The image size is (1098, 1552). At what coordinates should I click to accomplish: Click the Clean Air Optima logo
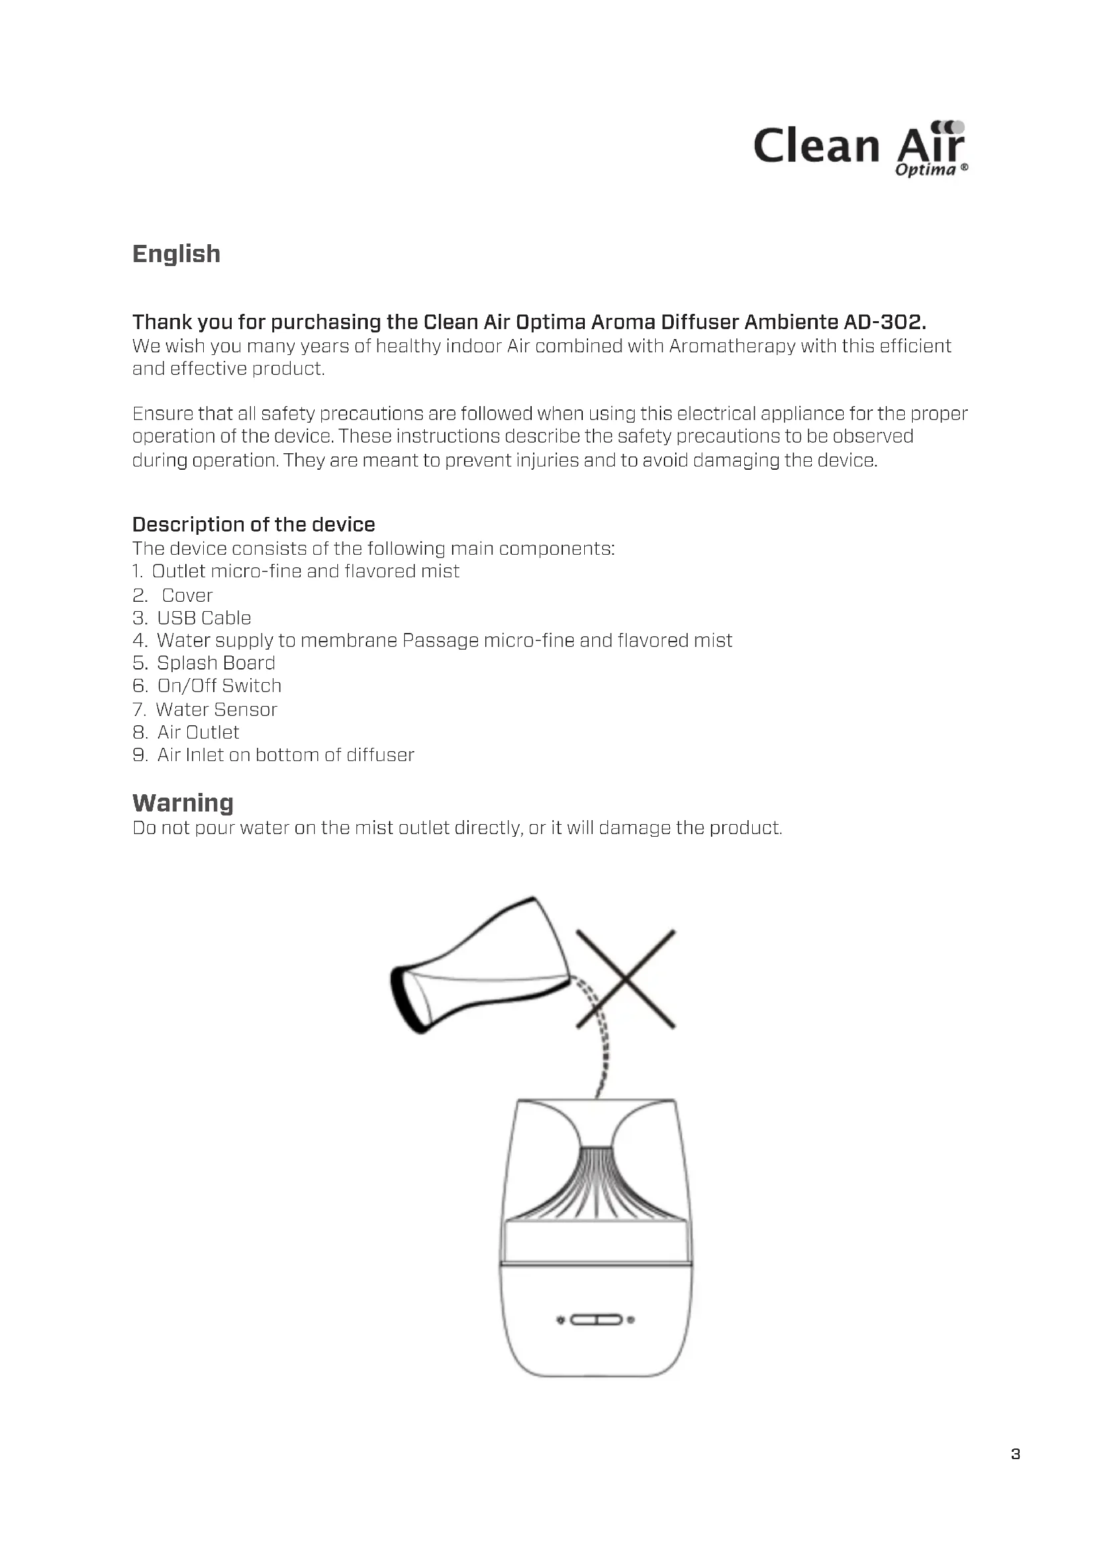click(860, 149)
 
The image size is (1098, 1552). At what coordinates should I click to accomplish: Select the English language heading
click(176, 254)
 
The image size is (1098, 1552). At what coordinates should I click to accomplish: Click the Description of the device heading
click(254, 525)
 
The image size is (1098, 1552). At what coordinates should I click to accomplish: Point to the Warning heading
click(183, 803)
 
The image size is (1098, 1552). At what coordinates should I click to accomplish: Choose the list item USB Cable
click(204, 618)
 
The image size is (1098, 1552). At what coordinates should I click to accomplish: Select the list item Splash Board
click(216, 663)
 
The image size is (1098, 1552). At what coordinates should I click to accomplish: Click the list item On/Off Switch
click(219, 686)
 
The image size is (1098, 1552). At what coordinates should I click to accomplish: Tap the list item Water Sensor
click(216, 710)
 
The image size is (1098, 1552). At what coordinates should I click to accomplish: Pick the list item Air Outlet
click(198, 733)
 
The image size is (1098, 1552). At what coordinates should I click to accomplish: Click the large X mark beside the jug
click(625, 979)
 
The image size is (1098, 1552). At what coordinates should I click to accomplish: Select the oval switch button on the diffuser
click(595, 1320)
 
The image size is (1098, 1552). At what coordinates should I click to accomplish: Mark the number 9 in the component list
click(139, 755)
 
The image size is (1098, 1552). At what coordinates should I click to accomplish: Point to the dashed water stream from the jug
click(600, 1034)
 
